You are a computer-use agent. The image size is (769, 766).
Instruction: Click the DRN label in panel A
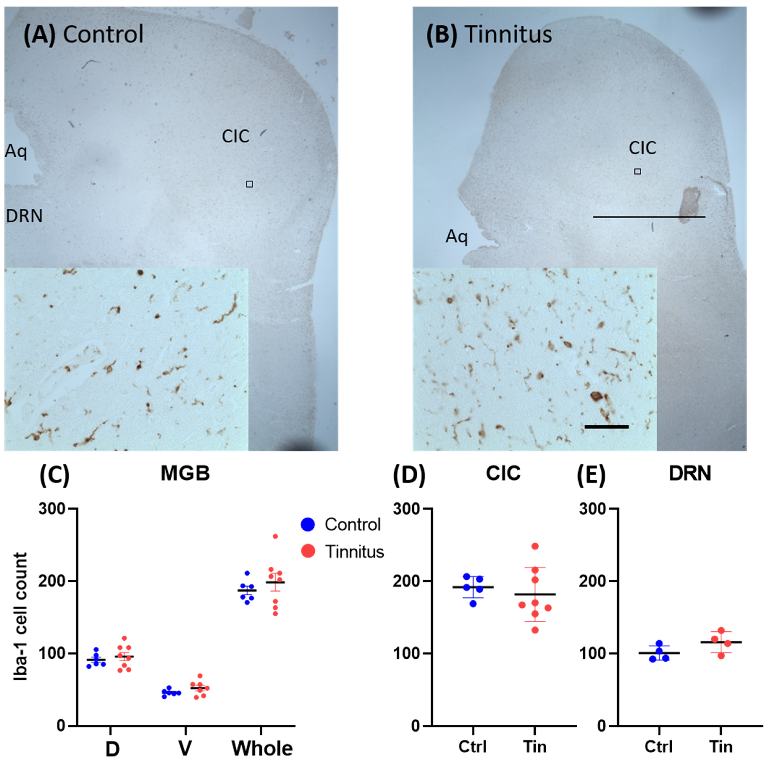click(x=24, y=216)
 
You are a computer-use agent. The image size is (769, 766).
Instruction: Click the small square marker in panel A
click(x=249, y=184)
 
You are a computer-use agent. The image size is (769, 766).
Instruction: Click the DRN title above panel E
click(x=690, y=474)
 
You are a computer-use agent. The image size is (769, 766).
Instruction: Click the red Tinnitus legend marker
click(x=308, y=551)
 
